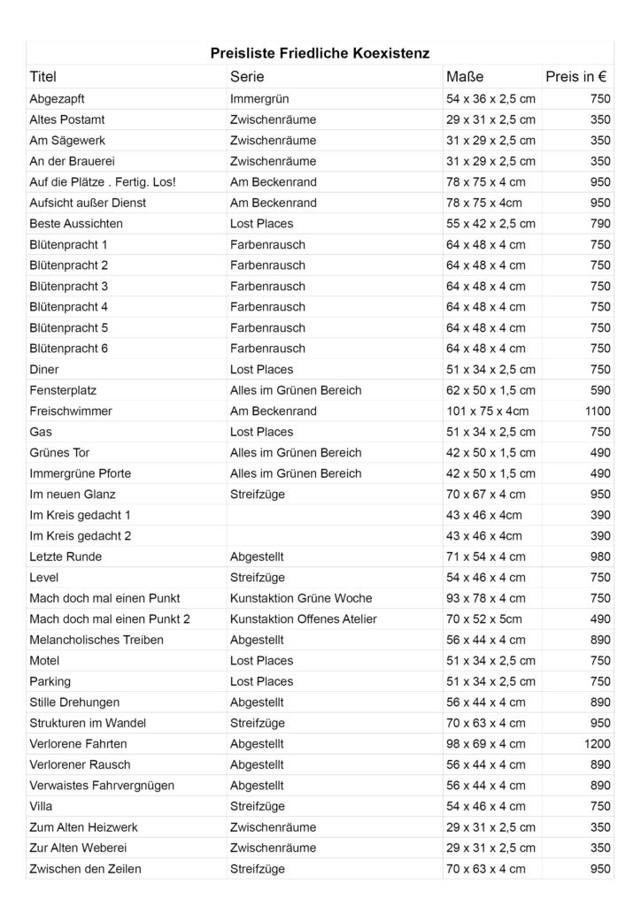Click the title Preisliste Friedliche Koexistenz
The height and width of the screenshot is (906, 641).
320,53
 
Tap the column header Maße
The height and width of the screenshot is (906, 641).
465,77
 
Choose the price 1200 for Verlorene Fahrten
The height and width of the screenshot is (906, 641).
597,744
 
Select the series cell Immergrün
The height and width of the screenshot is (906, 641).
259,99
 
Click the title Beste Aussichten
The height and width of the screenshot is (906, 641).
76,224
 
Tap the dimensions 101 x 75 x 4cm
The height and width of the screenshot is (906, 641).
484,411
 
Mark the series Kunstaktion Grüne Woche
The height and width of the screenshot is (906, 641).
301,598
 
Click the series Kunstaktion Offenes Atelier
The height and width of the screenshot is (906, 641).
304,619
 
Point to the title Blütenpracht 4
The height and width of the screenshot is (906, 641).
69,307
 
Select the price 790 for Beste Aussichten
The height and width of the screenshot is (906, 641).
600,224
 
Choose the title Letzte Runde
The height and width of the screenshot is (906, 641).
66,557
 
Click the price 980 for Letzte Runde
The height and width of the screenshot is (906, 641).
600,557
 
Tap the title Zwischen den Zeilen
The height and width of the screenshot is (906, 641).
85,869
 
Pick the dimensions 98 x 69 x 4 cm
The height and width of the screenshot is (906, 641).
486,744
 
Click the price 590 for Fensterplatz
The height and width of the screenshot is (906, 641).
600,390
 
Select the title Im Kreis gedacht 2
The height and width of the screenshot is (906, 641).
81,536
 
